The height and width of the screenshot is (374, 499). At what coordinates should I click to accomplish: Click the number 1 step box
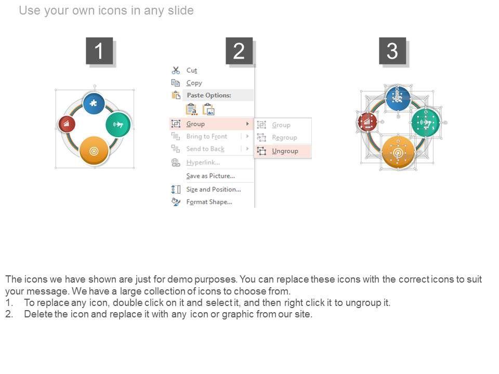pyautogui.click(x=99, y=51)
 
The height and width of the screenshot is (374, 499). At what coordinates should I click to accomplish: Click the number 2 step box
pyautogui.click(x=239, y=51)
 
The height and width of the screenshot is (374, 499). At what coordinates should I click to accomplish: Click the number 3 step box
pyautogui.click(x=392, y=51)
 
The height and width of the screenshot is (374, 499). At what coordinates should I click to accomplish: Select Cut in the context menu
pyautogui.click(x=192, y=70)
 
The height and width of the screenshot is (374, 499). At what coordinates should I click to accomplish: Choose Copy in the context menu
pyautogui.click(x=194, y=83)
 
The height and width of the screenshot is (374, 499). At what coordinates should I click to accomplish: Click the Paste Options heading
pyautogui.click(x=209, y=95)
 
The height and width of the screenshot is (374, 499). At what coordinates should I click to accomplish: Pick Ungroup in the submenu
pyautogui.click(x=285, y=151)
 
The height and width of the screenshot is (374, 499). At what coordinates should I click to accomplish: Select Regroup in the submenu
pyautogui.click(x=284, y=138)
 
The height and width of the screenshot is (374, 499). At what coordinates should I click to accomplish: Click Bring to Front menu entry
pyautogui.click(x=206, y=136)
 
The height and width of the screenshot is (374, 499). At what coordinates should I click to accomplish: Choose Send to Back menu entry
pyautogui.click(x=205, y=149)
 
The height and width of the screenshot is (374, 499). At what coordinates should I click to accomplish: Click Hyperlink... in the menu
pyautogui.click(x=203, y=163)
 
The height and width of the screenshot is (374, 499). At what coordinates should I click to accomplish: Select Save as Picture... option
pyautogui.click(x=211, y=176)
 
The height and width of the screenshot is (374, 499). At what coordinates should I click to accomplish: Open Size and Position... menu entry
pyautogui.click(x=214, y=189)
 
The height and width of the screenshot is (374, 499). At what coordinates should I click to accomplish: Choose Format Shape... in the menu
pyautogui.click(x=209, y=202)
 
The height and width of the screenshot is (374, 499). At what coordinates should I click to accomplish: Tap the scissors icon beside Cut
pyautogui.click(x=176, y=70)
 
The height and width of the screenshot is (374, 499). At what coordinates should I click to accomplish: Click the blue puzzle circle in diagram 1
pyautogui.click(x=94, y=103)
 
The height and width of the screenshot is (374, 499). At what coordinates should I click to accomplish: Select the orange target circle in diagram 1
pyautogui.click(x=94, y=151)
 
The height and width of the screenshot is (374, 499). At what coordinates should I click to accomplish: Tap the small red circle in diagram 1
pyautogui.click(x=67, y=124)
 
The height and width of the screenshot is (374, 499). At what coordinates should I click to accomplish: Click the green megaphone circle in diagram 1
pyautogui.click(x=119, y=125)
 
